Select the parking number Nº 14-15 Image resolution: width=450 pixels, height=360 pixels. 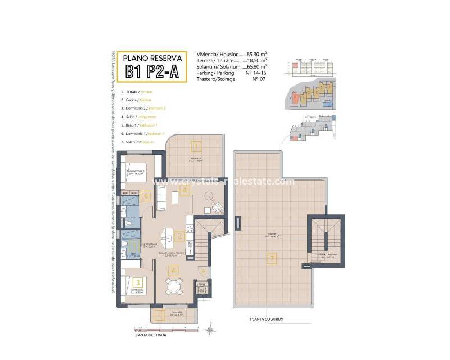coord(255,73)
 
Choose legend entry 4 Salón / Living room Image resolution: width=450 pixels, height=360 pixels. coord(140,116)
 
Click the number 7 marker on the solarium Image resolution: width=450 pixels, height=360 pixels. coord(272,259)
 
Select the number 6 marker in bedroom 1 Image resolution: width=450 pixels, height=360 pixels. coord(146,196)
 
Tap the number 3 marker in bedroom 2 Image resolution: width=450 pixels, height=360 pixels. coord(137,282)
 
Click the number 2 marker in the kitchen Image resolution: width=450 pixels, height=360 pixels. coord(179,236)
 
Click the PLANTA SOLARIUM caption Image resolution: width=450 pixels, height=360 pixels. coord(267,319)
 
